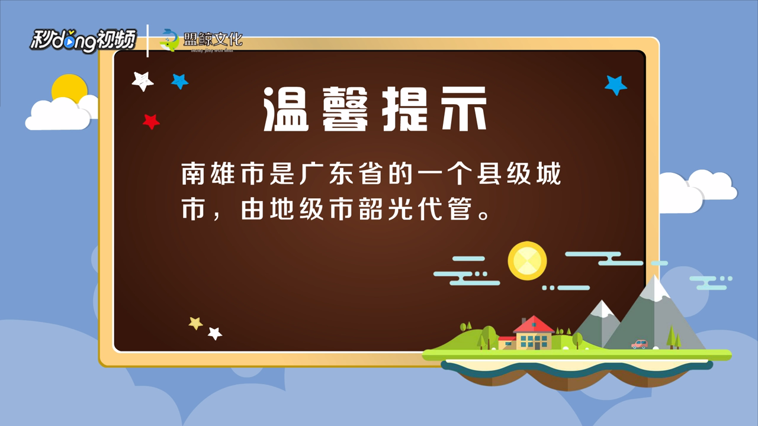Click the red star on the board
click(x=151, y=121)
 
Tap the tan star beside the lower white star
click(x=195, y=323)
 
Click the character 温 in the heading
click(x=286, y=109)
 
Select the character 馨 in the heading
click(x=345, y=109)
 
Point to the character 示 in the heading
click(x=464, y=109)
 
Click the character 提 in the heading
click(x=404, y=109)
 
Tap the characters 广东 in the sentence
click(x=326, y=174)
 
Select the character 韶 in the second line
click(x=370, y=209)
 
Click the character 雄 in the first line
click(x=222, y=174)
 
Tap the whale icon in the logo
click(x=169, y=40)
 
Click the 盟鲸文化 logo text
click(x=213, y=40)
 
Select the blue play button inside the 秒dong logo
click(x=69, y=42)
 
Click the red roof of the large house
click(x=534, y=324)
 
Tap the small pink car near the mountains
click(x=639, y=344)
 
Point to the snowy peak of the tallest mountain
click(x=655, y=288)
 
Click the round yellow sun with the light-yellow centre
click(x=527, y=261)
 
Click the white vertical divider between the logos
click(x=147, y=41)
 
